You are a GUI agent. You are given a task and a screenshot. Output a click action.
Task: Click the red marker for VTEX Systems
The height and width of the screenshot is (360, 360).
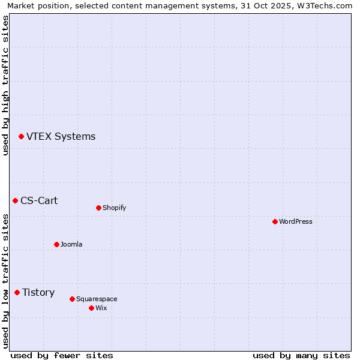(21, 137)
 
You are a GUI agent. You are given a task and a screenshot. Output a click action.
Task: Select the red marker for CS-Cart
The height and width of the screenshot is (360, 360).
(15, 200)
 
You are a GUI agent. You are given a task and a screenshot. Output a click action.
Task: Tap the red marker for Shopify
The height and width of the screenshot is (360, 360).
(98, 208)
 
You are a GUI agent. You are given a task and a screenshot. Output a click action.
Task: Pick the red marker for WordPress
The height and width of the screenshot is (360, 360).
(275, 221)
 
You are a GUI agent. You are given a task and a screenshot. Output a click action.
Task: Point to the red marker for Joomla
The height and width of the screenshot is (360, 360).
(56, 244)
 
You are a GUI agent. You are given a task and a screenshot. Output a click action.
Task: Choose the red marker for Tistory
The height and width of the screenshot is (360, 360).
(17, 293)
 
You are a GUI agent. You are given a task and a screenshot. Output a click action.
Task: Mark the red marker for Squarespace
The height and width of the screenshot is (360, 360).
(72, 299)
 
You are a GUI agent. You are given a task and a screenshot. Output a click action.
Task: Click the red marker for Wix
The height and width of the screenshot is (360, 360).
(91, 308)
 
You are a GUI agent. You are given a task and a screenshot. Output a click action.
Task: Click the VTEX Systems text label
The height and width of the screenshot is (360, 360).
(61, 137)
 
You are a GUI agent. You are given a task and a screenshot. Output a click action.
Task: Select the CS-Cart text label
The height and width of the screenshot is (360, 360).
(39, 200)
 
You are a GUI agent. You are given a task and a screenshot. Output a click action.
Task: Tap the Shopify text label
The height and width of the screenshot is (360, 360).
(114, 208)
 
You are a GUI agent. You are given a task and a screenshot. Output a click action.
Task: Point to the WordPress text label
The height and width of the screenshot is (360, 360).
(295, 221)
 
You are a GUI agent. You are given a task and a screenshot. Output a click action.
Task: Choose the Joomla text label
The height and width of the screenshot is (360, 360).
(71, 244)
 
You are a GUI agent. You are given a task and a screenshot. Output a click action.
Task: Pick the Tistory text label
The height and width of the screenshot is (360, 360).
(38, 293)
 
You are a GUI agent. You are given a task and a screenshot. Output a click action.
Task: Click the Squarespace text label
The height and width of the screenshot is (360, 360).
(97, 299)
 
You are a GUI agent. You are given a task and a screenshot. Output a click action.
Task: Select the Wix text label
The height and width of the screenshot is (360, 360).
(101, 308)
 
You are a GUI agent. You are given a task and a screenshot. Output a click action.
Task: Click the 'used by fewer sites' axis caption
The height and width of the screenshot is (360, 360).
(62, 355)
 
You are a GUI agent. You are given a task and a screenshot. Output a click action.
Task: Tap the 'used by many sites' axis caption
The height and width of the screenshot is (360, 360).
(301, 355)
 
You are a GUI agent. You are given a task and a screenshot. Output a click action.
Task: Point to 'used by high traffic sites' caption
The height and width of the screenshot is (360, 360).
(6, 85)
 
